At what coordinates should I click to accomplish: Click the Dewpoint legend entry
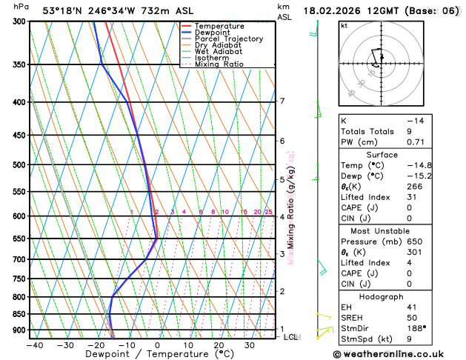pos(212,33)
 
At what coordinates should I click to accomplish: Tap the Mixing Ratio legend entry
pos(219,64)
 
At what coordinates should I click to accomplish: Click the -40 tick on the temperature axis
pos(34,345)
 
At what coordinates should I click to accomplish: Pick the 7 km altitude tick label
pos(282,101)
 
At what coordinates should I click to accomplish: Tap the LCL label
pos(290,337)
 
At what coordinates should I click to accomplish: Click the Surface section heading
pos(398,154)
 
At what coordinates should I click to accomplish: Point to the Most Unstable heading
pos(398,230)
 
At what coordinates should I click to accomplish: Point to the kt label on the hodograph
pos(344,25)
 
